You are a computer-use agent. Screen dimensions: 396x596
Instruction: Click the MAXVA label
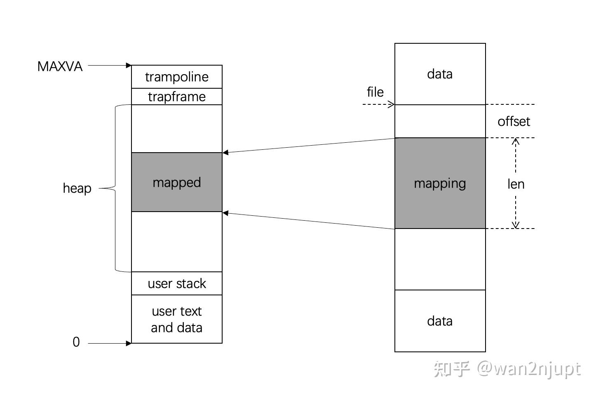pos(60,66)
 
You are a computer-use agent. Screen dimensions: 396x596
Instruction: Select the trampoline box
pos(177,77)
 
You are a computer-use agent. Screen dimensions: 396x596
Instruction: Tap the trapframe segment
pos(177,97)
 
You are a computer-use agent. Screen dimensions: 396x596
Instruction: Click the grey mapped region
pos(177,182)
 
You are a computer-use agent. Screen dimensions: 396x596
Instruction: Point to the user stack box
pos(177,283)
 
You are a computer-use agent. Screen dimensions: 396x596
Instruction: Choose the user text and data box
pos(177,319)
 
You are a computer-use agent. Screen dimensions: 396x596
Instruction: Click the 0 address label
pos(76,342)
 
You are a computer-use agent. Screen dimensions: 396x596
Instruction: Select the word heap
pos(77,188)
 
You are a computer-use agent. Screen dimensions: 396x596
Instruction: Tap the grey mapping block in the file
pos(440,183)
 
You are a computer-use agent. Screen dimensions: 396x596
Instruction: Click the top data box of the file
pos(440,74)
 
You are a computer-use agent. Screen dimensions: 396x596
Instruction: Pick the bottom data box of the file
pos(440,321)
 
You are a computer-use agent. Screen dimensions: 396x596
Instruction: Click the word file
pos(375,92)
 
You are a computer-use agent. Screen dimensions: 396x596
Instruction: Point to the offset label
pos(514,121)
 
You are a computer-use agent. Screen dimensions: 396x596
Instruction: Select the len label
pos(516,184)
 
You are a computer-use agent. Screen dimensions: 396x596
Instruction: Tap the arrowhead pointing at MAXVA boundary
pos(129,65)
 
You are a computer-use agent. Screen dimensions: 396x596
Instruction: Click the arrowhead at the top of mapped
pos(225,153)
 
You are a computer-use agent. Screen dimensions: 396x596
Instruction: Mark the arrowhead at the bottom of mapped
pos(225,213)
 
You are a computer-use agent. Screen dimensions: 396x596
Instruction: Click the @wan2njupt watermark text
pos(529,369)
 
